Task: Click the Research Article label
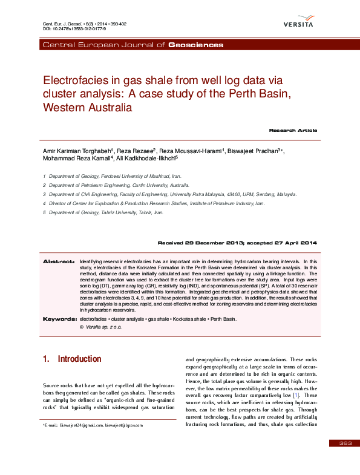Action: (x=293, y=130)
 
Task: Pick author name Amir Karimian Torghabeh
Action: (x=76, y=150)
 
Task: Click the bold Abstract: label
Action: (x=59, y=261)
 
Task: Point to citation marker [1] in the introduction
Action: (x=296, y=395)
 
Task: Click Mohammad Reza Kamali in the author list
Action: (x=77, y=159)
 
